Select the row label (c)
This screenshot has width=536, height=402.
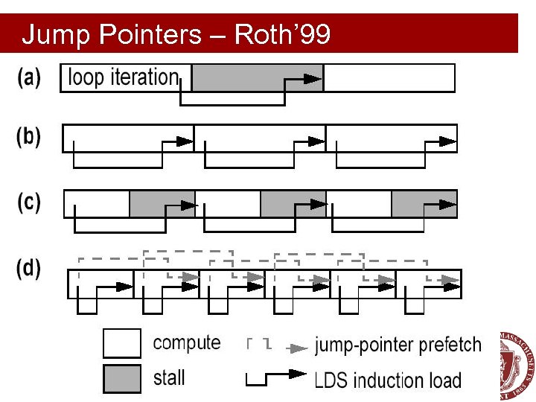(29, 202)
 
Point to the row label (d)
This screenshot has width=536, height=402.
(29, 269)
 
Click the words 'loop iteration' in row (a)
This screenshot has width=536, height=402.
(124, 77)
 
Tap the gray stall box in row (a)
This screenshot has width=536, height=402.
(257, 77)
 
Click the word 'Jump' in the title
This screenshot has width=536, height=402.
(51, 34)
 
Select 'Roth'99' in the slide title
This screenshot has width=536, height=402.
(282, 34)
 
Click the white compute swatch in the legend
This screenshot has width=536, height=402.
(121, 343)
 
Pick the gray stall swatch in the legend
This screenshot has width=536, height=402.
(121, 378)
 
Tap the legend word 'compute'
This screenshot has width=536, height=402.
(187, 343)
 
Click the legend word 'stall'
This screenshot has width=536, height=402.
(169, 377)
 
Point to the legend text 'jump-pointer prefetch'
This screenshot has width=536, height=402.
(398, 345)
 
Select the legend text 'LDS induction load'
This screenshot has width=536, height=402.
(387, 380)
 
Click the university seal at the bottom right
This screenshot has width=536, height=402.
(518, 365)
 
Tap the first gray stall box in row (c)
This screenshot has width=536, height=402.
(162, 203)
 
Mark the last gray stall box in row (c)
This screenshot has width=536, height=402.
(424, 203)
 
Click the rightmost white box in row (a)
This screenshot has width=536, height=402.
(389, 77)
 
